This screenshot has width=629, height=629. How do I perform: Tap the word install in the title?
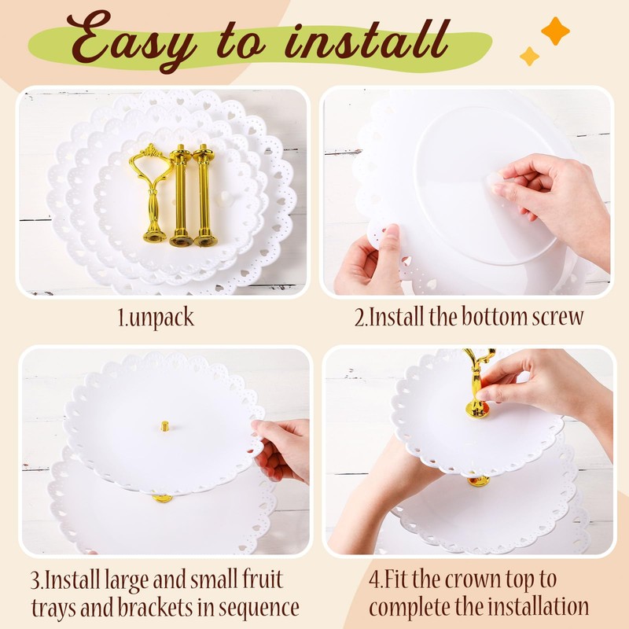point(367,40)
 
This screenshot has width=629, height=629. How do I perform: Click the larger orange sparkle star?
point(555,31)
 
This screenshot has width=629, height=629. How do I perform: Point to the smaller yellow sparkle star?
point(529,56)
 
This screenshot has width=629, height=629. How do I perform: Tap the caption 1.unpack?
point(156,318)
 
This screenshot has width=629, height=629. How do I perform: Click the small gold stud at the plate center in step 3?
point(164,425)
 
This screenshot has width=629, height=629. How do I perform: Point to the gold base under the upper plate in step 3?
point(163,498)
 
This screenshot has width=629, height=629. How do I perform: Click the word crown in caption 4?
point(473,580)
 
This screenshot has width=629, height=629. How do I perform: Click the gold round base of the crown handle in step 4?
point(477,410)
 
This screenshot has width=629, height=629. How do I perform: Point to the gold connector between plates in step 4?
point(479,481)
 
